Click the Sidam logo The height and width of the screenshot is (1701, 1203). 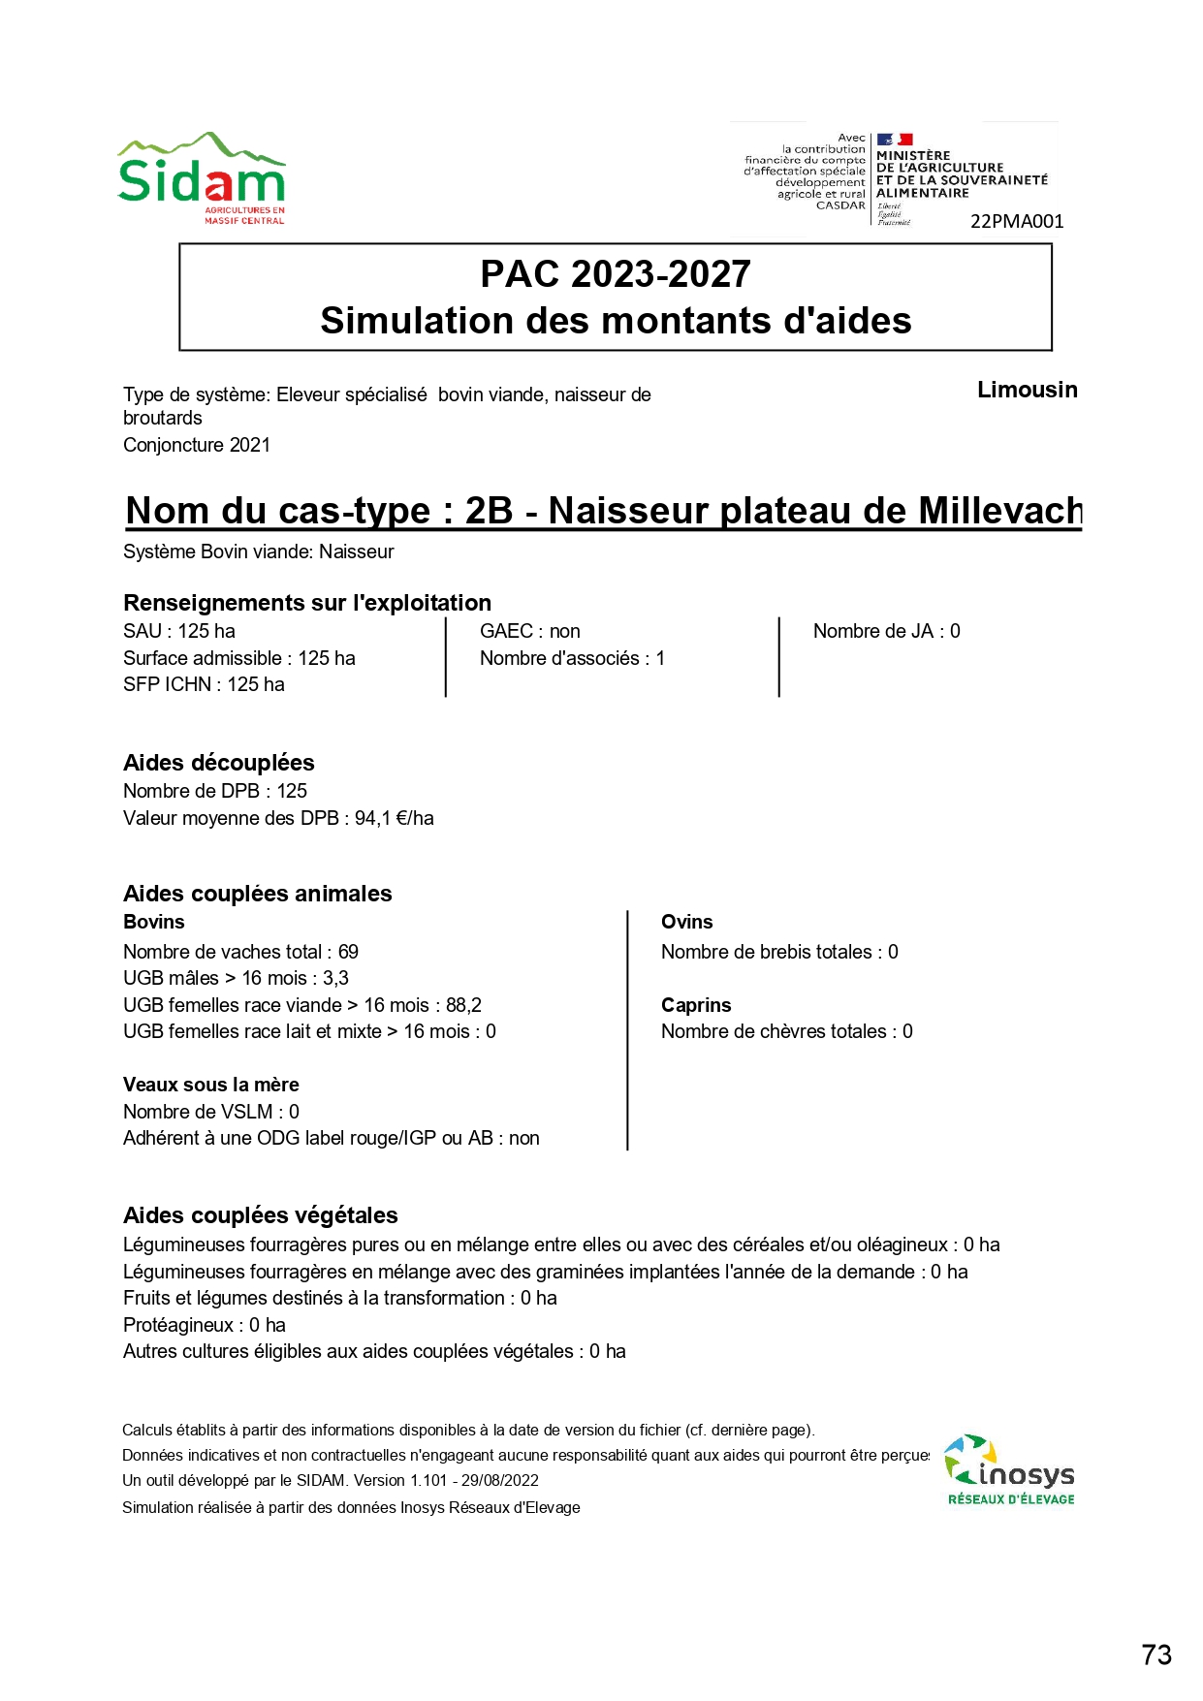pos(202,178)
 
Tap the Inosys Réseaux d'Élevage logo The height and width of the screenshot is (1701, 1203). pos(1009,1470)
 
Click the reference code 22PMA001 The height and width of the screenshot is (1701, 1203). pos(1017,222)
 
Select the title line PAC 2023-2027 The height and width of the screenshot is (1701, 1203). pos(616,274)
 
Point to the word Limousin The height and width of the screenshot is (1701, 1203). pos(1027,390)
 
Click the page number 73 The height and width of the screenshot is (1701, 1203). pos(1156,1654)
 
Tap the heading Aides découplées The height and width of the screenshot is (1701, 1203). pos(219,763)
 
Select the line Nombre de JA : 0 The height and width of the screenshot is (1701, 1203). pos(886,631)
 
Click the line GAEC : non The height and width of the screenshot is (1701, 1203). pos(529,631)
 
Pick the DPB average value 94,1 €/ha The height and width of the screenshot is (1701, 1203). pos(395,818)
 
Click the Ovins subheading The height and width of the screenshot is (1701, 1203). pos(686,922)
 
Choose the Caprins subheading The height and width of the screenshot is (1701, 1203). pos(696,1005)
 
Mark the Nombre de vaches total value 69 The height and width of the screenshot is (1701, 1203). pos(348,952)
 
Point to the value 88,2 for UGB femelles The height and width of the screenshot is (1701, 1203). pos(463,1005)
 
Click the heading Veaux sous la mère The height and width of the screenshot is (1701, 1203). pos(211,1085)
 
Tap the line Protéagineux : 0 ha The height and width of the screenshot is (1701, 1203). pos(205,1325)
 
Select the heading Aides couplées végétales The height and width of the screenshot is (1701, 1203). pos(261,1215)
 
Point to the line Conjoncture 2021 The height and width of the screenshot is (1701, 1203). pos(197,445)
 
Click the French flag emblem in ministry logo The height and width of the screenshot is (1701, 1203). pos(895,140)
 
